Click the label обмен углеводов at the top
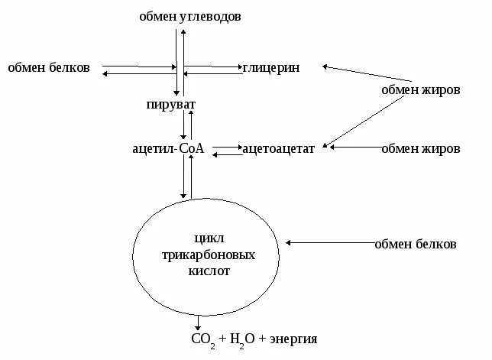[190, 16]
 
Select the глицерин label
[271, 68]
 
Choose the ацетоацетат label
[278, 149]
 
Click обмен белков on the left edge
[49, 68]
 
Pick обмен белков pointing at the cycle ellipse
[415, 245]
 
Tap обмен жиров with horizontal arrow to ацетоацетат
[421, 149]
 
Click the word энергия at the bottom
[291, 339]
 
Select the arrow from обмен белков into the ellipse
[329, 243]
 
